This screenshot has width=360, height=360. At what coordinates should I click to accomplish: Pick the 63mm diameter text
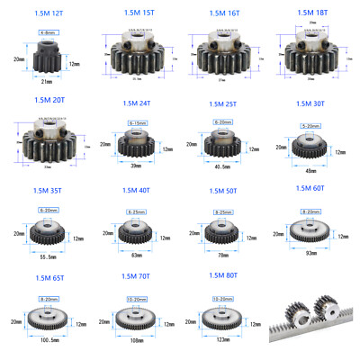click(x=136, y=255)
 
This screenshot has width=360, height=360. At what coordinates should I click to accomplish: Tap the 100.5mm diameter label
click(x=50, y=342)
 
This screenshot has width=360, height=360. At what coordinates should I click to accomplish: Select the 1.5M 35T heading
click(x=50, y=191)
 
